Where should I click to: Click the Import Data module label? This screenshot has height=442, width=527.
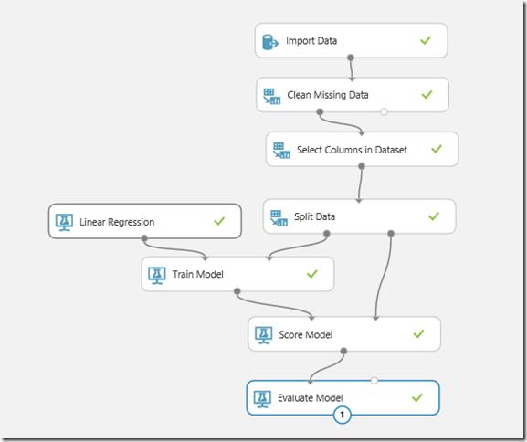click(311, 41)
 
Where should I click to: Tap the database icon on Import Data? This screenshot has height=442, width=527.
click(270, 42)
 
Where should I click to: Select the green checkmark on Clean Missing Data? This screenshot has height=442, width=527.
click(427, 94)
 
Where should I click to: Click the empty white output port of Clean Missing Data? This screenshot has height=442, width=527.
click(384, 112)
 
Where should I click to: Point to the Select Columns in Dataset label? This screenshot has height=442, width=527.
click(352, 150)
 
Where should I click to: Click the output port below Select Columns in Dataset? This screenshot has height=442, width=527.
click(362, 166)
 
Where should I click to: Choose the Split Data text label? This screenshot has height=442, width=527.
click(314, 216)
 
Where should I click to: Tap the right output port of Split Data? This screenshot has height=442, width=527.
click(391, 233)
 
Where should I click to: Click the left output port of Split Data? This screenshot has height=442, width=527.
click(326, 234)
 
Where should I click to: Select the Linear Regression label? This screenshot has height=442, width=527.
click(117, 222)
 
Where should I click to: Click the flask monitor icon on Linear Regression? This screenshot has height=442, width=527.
click(64, 222)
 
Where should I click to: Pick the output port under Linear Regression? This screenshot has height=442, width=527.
click(144, 238)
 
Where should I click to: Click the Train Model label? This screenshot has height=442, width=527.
click(198, 274)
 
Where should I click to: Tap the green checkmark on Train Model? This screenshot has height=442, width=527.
click(311, 274)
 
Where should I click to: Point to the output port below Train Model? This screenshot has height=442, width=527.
click(237, 291)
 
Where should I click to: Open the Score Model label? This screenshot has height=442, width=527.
click(306, 335)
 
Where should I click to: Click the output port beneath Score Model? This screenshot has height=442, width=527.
click(343, 352)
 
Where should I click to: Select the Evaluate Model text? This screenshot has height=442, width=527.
click(311, 398)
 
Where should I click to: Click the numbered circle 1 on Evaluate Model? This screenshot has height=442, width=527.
click(343, 415)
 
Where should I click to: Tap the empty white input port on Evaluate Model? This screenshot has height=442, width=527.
click(374, 381)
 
